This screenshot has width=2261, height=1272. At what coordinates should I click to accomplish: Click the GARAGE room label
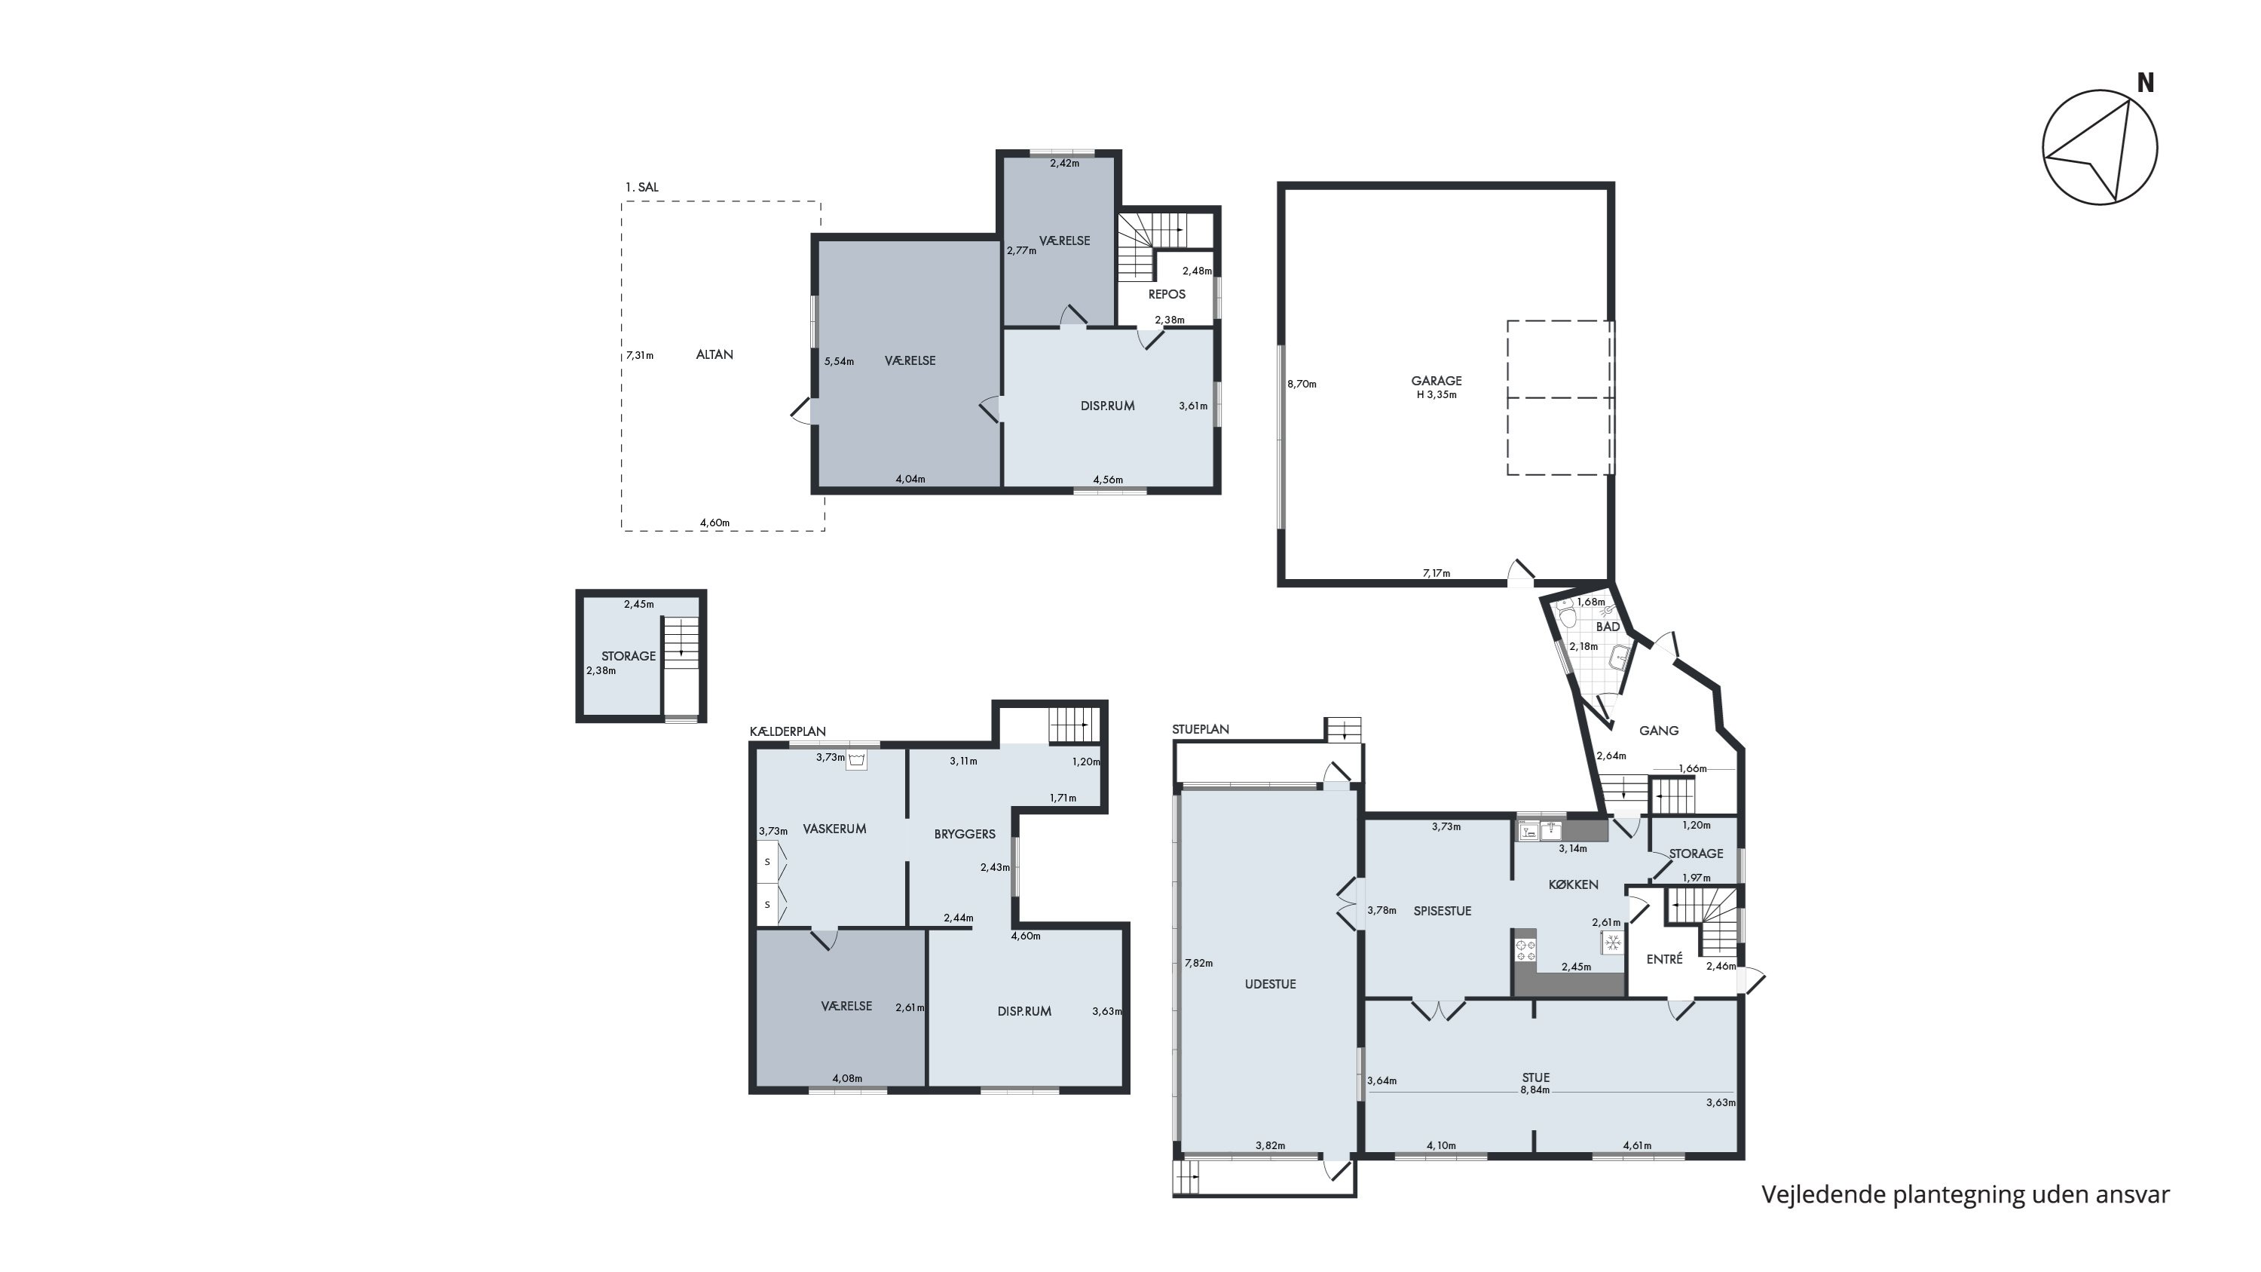[1436, 381]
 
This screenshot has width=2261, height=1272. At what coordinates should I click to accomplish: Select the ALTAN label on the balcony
[714, 354]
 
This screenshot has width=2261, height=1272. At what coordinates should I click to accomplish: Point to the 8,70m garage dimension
[1302, 384]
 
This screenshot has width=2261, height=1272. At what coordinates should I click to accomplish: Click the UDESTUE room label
[1270, 984]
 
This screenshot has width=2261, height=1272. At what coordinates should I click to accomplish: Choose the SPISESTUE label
[1442, 911]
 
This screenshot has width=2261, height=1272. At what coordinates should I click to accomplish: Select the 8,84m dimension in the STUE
[1535, 1090]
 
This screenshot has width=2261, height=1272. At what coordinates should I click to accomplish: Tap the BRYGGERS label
[965, 834]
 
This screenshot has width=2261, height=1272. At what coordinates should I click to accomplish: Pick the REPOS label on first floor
[1167, 294]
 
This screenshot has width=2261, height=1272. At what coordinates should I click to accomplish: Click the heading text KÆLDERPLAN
[788, 731]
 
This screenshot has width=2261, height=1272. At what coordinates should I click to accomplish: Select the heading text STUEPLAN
[1201, 729]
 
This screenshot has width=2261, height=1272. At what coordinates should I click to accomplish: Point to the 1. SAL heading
[641, 187]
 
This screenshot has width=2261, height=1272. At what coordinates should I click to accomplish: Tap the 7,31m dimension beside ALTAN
[640, 356]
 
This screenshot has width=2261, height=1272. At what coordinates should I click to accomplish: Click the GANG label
[1659, 731]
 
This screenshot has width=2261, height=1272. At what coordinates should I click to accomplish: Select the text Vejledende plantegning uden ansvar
[1966, 1195]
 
